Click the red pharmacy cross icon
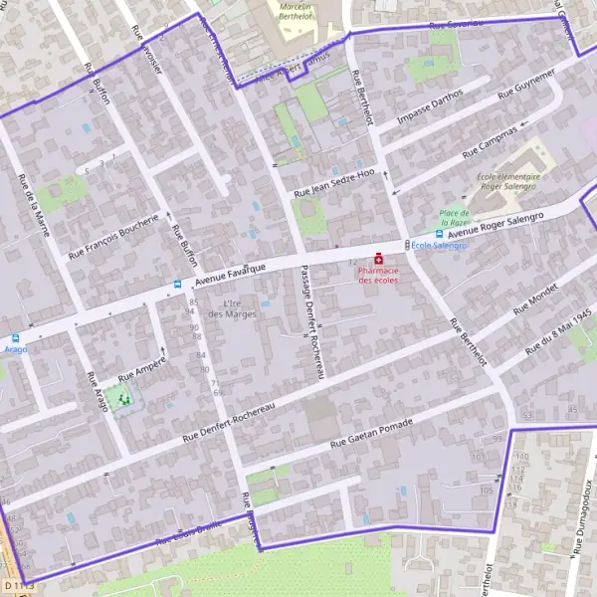point(379,259)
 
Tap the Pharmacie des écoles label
point(378,276)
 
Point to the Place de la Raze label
point(455,218)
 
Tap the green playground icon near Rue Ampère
point(124,399)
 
